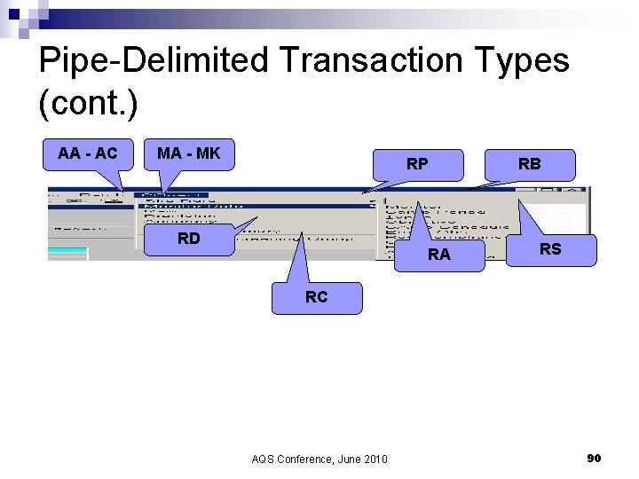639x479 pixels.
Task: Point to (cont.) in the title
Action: (x=89, y=103)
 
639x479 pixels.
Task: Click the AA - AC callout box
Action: (x=87, y=153)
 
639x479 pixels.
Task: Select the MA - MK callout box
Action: (x=188, y=153)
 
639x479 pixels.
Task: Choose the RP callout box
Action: (x=417, y=164)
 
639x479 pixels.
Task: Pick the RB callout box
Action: (x=530, y=164)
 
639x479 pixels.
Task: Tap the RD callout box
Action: (x=188, y=239)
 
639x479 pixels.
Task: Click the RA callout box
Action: (x=439, y=255)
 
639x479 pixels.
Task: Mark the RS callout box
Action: (x=550, y=249)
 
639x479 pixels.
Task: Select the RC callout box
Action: (x=316, y=298)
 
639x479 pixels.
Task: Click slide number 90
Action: (x=594, y=458)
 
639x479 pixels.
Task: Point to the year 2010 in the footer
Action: (x=375, y=459)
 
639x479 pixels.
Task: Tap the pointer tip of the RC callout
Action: (x=303, y=235)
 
